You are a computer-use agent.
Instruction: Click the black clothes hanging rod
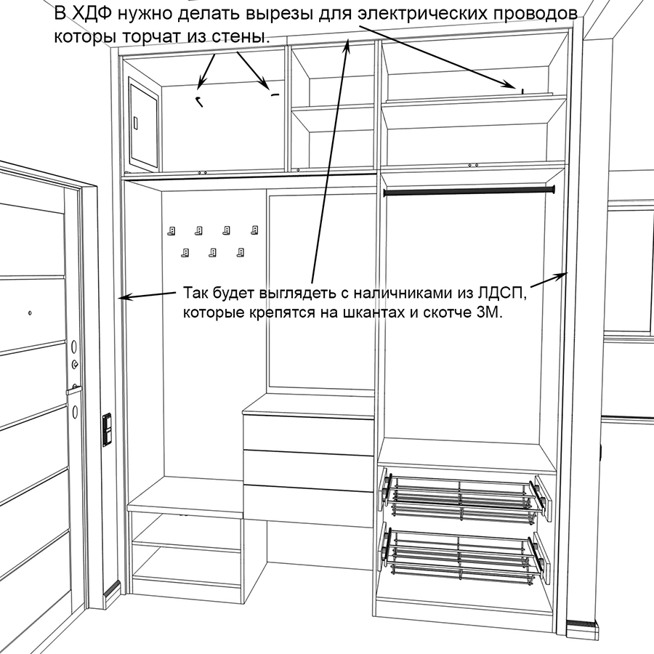[x=469, y=191]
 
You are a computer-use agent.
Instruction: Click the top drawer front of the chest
[x=309, y=433]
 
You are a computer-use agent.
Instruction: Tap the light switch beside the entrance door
[x=108, y=429]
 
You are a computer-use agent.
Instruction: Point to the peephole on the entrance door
[x=30, y=312]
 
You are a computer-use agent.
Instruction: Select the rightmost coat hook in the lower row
[x=241, y=252]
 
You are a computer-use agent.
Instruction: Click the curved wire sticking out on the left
[x=198, y=101]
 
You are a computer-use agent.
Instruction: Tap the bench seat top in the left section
[x=185, y=496]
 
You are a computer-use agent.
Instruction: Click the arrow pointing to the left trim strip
[x=148, y=295]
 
